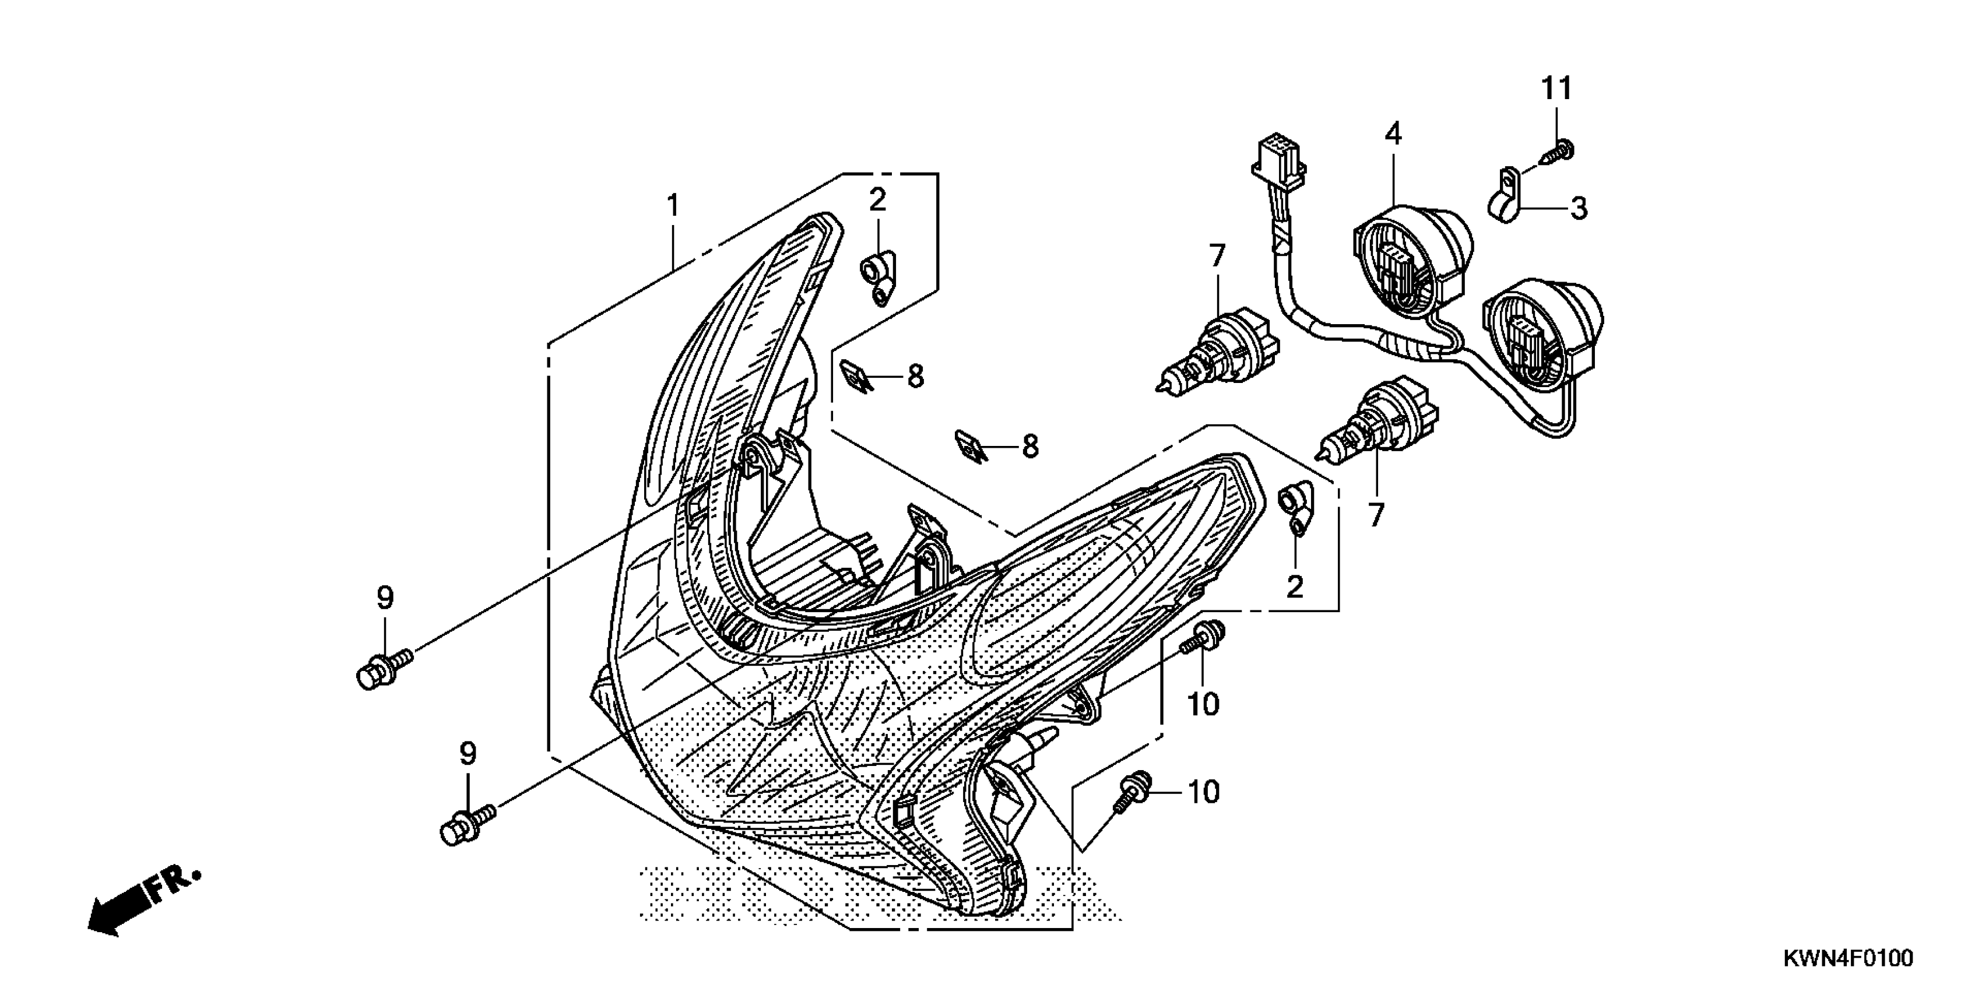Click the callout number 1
(673, 206)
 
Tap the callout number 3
(1578, 208)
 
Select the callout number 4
(1393, 135)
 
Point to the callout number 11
(1556, 89)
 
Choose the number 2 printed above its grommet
(878, 200)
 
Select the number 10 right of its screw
(1204, 792)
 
